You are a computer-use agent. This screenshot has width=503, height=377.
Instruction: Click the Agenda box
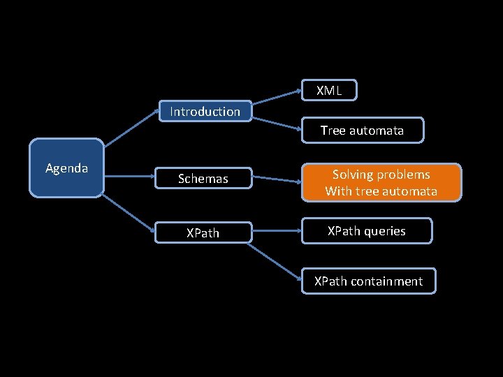[66, 168]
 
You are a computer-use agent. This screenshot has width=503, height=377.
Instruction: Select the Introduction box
[205, 111]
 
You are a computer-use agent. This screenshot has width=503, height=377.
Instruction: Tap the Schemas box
[203, 179]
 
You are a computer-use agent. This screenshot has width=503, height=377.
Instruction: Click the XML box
[329, 91]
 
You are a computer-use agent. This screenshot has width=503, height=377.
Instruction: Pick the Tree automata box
[362, 130]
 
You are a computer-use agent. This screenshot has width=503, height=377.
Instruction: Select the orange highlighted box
[381, 183]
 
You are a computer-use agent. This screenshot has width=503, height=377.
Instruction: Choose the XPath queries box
[367, 231]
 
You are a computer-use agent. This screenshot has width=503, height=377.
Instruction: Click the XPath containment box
[368, 281]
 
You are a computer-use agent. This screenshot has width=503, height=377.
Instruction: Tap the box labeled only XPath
[203, 232]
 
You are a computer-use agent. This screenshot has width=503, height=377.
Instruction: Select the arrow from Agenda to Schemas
[129, 177]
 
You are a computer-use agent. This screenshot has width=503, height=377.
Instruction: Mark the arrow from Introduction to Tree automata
[277, 124]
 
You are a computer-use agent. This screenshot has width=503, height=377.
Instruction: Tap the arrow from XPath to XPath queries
[276, 232]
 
